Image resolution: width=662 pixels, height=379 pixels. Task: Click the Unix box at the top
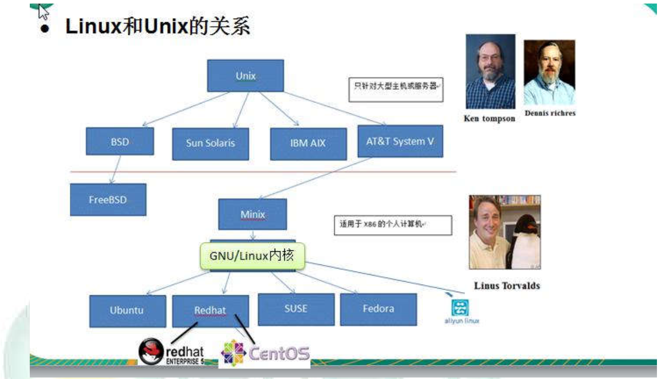click(x=245, y=76)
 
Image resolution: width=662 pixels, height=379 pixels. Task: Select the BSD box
click(x=120, y=141)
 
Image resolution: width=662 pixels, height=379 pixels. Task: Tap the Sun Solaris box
click(x=211, y=144)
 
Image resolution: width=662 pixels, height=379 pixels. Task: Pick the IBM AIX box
click(x=308, y=144)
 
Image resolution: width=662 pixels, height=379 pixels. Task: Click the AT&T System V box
click(x=400, y=141)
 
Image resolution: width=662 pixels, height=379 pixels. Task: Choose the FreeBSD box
click(x=108, y=200)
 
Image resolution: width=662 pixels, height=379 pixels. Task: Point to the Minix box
click(x=252, y=214)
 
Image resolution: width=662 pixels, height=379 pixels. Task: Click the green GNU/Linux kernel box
click(x=252, y=256)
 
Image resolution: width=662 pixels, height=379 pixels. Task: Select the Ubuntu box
click(x=128, y=311)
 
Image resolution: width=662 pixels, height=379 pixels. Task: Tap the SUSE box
click(x=296, y=309)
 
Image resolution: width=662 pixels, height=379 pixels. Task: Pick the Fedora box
click(x=379, y=309)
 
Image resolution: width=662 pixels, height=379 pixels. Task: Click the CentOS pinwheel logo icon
click(x=234, y=353)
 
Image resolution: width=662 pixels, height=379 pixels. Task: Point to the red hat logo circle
click(x=151, y=351)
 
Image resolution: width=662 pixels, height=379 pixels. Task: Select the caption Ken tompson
click(x=489, y=119)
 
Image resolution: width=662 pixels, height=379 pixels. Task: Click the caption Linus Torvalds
click(x=507, y=286)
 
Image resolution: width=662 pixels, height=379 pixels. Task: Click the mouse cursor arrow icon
click(x=43, y=12)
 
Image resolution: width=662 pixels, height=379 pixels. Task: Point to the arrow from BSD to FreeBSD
click(x=116, y=169)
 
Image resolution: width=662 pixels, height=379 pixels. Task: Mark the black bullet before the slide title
click(x=45, y=28)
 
